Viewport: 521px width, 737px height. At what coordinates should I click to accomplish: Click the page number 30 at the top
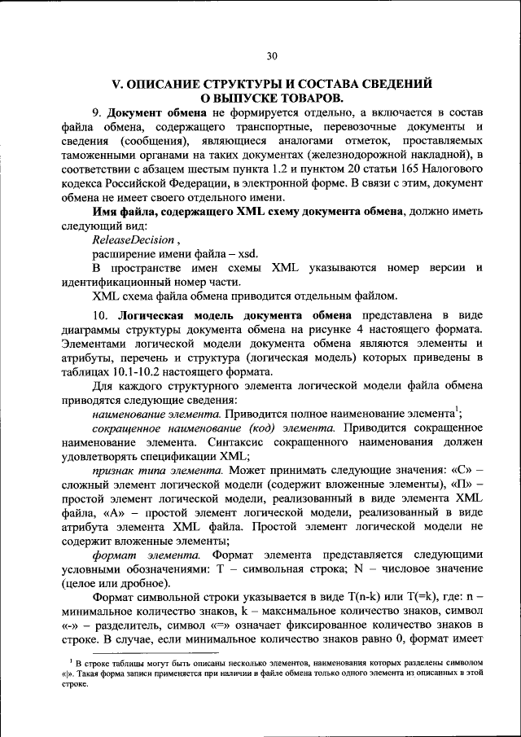[x=272, y=55]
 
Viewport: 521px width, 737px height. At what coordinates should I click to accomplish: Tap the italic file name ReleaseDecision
[x=134, y=240]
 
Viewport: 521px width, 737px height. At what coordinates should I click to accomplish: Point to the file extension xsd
[x=247, y=254]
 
